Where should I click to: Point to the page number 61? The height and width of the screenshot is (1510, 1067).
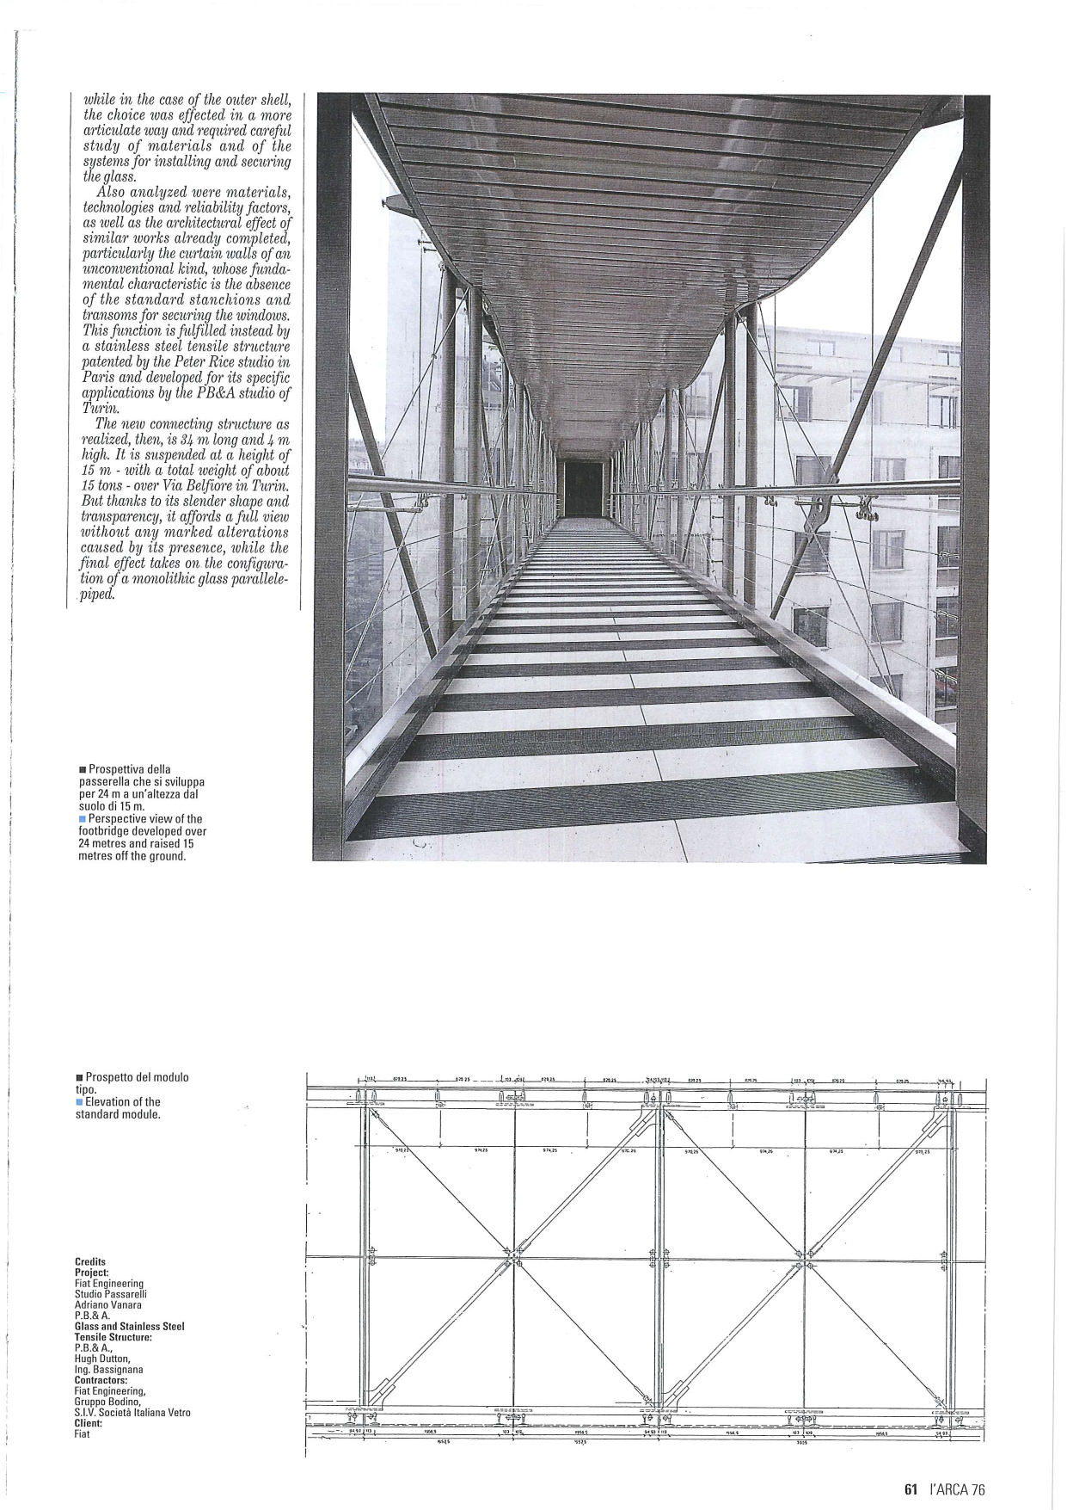pyautogui.click(x=912, y=1486)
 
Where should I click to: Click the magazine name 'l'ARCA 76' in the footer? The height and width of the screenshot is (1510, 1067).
pyautogui.click(x=958, y=1486)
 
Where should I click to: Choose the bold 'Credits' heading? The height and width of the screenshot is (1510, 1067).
pyautogui.click(x=90, y=1262)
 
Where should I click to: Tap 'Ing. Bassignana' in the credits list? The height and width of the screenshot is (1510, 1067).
pyautogui.click(x=109, y=1369)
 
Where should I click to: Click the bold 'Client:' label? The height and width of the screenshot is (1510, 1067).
pyautogui.click(x=89, y=1423)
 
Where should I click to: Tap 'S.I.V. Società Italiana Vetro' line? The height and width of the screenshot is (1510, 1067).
pyautogui.click(x=132, y=1413)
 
